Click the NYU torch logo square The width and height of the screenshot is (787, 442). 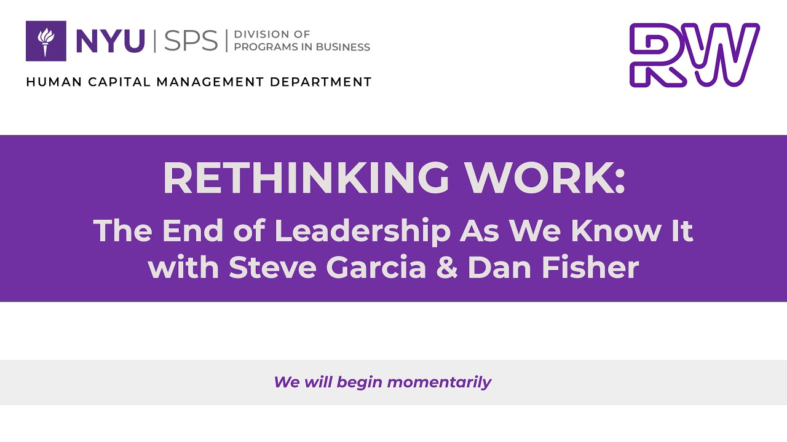click(45, 41)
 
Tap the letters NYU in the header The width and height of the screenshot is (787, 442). click(110, 41)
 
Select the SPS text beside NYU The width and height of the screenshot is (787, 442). click(191, 41)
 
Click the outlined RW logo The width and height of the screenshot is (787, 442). click(694, 55)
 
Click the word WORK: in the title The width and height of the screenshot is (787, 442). click(544, 179)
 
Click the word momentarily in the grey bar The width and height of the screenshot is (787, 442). click(439, 382)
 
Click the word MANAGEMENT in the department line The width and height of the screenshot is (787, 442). click(212, 82)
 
